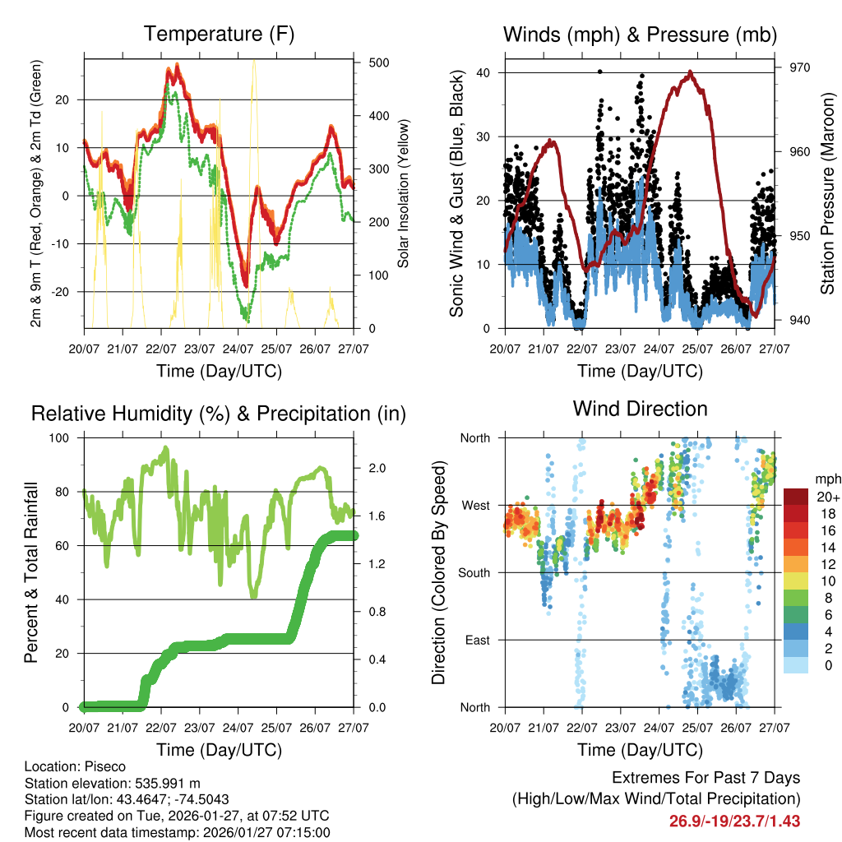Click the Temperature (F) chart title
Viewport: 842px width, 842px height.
pos(219,35)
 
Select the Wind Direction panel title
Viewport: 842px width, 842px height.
pos(640,409)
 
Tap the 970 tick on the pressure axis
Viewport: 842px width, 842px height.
pos(799,67)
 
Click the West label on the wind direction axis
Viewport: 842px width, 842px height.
pos(474,505)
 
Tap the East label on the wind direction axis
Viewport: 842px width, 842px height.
pos(476,640)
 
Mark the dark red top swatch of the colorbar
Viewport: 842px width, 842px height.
pos(795,497)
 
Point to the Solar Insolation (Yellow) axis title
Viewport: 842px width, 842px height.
pos(404,194)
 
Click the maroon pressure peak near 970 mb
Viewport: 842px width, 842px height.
pos(690,72)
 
